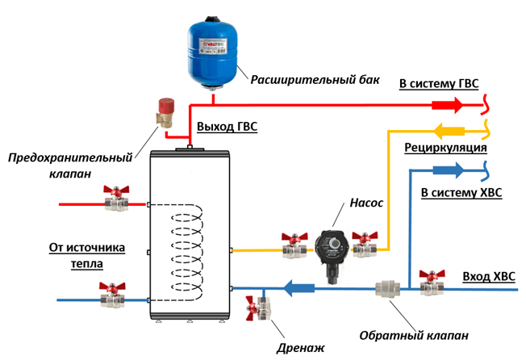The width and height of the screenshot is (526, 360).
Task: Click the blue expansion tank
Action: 213,45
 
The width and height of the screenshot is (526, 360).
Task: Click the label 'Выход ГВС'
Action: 227,127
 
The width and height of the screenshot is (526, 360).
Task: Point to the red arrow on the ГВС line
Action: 446,105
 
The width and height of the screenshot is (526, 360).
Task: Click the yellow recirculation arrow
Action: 449,130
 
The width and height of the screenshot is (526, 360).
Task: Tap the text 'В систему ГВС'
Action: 443,84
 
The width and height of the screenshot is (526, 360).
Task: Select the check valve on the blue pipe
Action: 385,287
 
